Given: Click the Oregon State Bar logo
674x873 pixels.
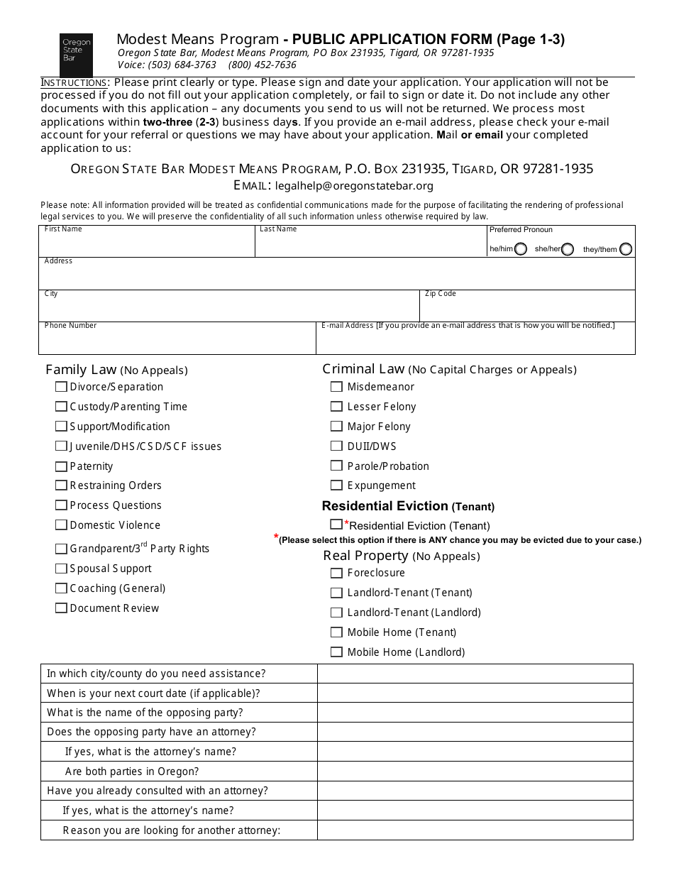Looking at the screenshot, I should [x=76, y=55].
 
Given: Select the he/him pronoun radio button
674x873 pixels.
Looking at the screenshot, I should [x=521, y=249].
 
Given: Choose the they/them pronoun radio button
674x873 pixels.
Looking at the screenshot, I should [x=625, y=249].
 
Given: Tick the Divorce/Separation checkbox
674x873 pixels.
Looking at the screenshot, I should [x=62, y=387].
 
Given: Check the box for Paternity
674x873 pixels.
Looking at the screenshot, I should [x=62, y=466].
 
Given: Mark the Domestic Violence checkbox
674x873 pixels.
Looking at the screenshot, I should [x=62, y=525].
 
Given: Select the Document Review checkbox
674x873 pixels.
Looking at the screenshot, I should [x=62, y=608].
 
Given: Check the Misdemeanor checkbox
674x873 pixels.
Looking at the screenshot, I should [x=336, y=387].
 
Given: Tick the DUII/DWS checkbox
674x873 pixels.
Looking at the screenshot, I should [x=336, y=446].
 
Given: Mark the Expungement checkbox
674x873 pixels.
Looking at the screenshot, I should [x=336, y=485].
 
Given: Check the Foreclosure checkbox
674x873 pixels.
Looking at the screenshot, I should [x=336, y=573].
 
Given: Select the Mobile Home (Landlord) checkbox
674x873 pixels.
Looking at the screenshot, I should [x=336, y=652].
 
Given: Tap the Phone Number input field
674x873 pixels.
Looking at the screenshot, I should [x=177, y=341].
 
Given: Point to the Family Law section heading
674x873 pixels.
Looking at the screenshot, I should [x=80, y=370].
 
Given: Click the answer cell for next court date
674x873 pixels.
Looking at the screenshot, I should [x=475, y=693].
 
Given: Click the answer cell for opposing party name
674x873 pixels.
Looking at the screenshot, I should [x=475, y=713].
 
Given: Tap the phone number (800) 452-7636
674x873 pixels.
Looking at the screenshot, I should [x=263, y=65].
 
